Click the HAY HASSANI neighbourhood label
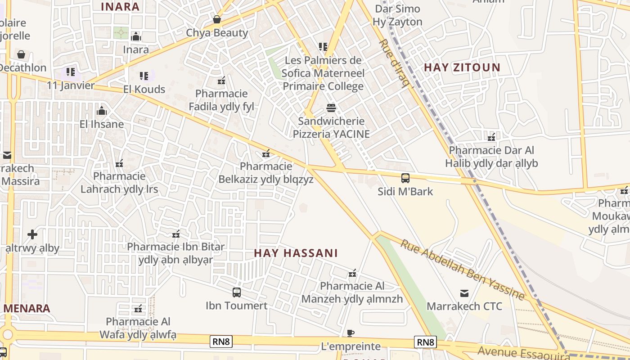pyautogui.click(x=296, y=253)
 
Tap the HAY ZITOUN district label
pyautogui.click(x=462, y=67)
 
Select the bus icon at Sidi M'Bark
pyautogui.click(x=405, y=178)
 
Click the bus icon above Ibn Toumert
pyautogui.click(x=237, y=292)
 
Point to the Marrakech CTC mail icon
pyautogui.click(x=464, y=294)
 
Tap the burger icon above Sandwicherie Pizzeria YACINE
pyautogui.click(x=331, y=108)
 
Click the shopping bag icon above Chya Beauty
pyautogui.click(x=217, y=20)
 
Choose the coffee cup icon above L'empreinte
pyautogui.click(x=351, y=333)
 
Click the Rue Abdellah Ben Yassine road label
pyautogui.click(x=463, y=270)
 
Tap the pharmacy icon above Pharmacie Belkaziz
pyautogui.click(x=266, y=153)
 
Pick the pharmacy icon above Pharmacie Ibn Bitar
pyautogui.click(x=176, y=234)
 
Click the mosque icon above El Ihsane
pyautogui.click(x=102, y=111)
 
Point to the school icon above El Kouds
pyautogui.click(x=144, y=76)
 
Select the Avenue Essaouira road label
pyautogui.click(x=524, y=354)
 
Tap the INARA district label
pyautogui.click(x=120, y=7)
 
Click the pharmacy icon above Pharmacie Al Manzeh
pyautogui.click(x=352, y=273)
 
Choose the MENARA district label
pyautogui.click(x=27, y=309)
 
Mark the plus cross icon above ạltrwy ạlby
pyautogui.click(x=32, y=234)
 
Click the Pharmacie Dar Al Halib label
pyautogui.click(x=491, y=156)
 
